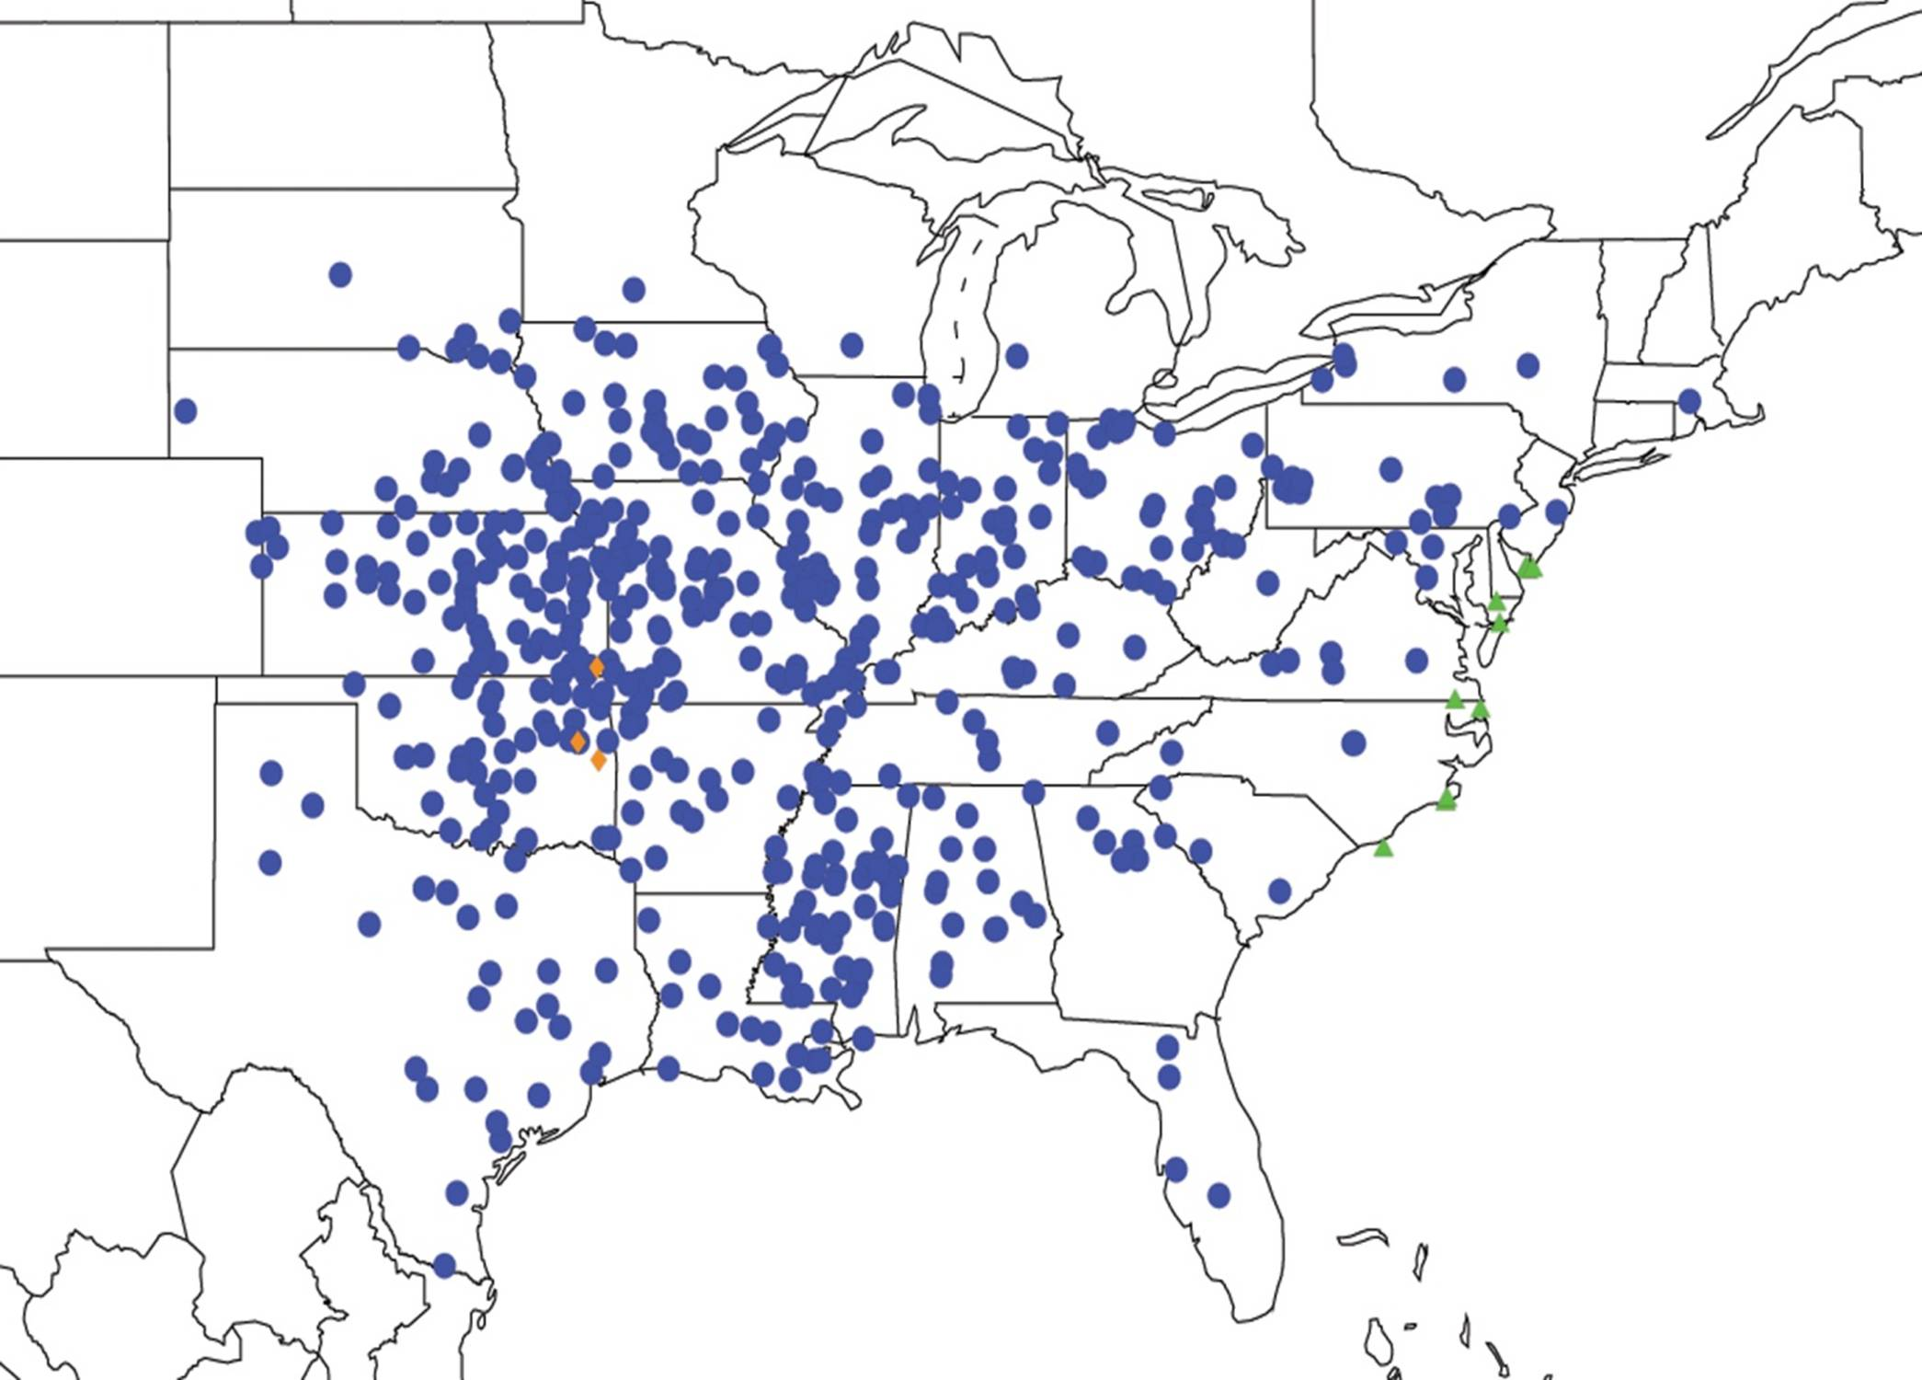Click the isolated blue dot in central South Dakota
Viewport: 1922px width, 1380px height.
[x=340, y=274]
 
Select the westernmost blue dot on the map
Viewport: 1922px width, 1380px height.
[x=185, y=410]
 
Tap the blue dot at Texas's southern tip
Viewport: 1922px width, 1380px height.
[x=444, y=1265]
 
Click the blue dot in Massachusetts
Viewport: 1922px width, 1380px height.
[x=1688, y=400]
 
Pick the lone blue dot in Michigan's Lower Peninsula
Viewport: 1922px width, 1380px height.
[x=1016, y=355]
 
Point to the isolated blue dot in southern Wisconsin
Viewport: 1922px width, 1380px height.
[x=852, y=345]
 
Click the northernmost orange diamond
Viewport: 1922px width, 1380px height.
[x=596, y=667]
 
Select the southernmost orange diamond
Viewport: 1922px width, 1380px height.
[x=599, y=760]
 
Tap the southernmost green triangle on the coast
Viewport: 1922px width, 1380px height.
[x=1383, y=848]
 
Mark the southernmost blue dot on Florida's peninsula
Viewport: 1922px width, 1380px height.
[x=1218, y=1195]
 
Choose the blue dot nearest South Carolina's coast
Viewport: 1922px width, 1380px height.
[x=1279, y=890]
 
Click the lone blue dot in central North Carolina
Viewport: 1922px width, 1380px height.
[x=1353, y=742]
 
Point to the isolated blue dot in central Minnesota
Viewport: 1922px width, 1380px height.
[x=633, y=290]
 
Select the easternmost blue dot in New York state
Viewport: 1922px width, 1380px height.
[x=1527, y=365]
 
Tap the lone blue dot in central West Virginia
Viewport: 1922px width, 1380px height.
[x=1268, y=581]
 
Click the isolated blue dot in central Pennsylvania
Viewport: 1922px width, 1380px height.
[x=1390, y=469]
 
